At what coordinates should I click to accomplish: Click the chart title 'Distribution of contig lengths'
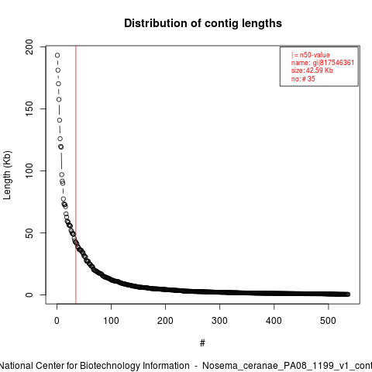click(203, 23)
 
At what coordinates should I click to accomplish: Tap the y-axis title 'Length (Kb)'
click(7, 175)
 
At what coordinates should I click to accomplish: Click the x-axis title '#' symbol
click(202, 343)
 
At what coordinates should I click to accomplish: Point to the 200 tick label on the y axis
click(29, 46)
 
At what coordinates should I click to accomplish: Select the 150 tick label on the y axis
click(29, 108)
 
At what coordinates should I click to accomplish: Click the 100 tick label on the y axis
click(29, 170)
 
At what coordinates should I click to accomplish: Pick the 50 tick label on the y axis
click(29, 232)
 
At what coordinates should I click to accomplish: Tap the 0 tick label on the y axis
click(29, 294)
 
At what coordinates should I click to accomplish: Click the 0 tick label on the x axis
click(57, 321)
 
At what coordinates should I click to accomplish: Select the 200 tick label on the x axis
click(165, 321)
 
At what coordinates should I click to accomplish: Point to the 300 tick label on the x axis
click(219, 321)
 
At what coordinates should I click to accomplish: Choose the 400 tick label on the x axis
click(274, 321)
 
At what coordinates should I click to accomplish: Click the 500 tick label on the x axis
click(328, 321)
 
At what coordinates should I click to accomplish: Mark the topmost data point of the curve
click(57, 55)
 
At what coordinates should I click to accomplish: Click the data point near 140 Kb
click(60, 120)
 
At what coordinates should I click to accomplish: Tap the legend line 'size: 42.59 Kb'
click(312, 71)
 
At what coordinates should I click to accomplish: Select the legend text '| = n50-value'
click(311, 55)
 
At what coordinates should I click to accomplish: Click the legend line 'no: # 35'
click(303, 78)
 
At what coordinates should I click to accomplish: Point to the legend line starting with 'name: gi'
click(322, 63)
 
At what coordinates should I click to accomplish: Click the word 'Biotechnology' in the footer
click(135, 366)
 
